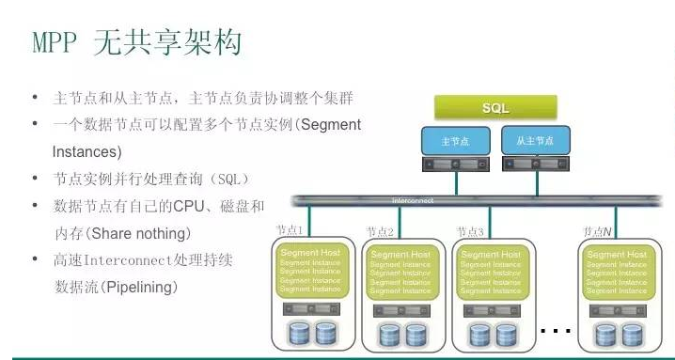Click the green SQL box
pyautogui.click(x=495, y=107)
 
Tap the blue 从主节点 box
pyautogui.click(x=535, y=141)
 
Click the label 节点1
pyautogui.click(x=290, y=231)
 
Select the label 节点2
pyautogui.click(x=380, y=231)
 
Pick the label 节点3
pyautogui.click(x=470, y=231)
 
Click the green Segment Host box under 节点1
pyautogui.click(x=309, y=272)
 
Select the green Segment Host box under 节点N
pyautogui.click(x=617, y=272)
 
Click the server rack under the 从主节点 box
pyautogui.click(x=535, y=164)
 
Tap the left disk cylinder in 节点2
pyautogui.click(x=388, y=334)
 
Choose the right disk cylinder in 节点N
pyautogui.click(x=630, y=334)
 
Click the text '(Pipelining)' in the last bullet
pyautogui.click(x=140, y=286)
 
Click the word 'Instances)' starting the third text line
pyautogui.click(x=86, y=150)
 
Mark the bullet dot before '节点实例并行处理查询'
pyautogui.click(x=35, y=179)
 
